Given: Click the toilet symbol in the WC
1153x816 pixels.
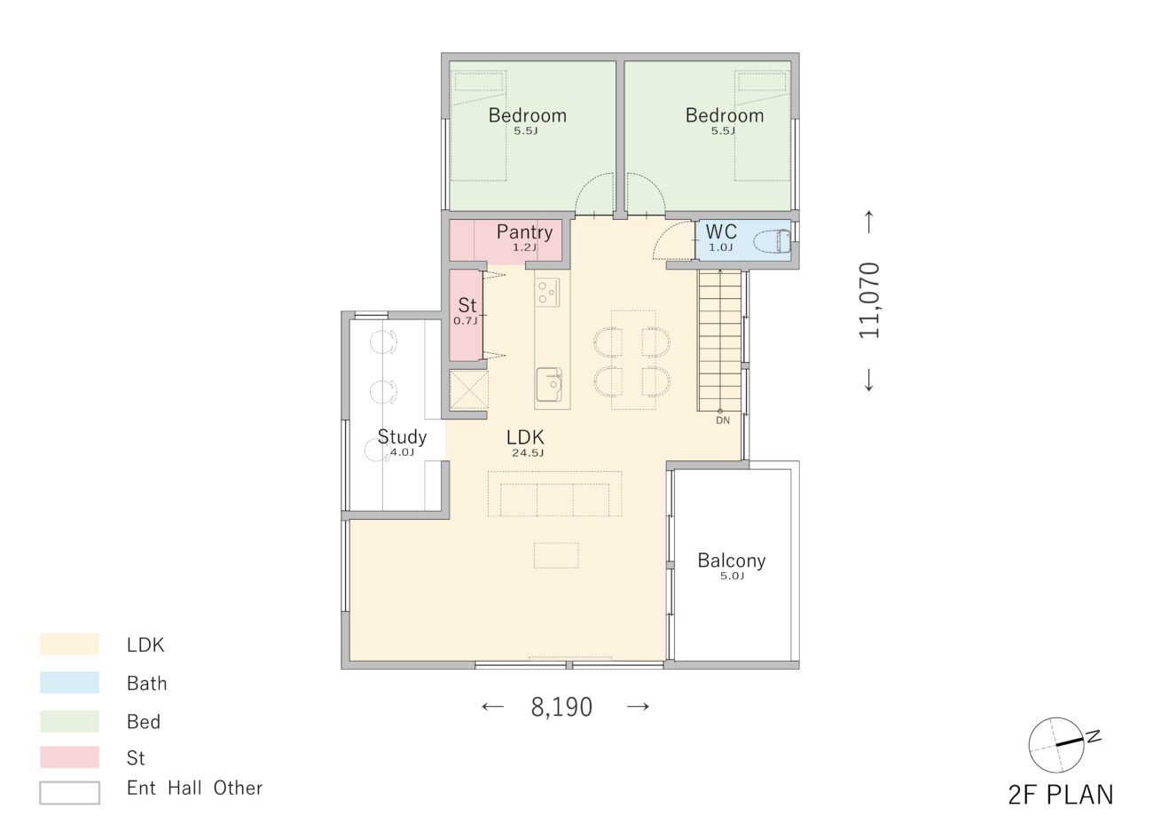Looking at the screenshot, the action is pos(773,241).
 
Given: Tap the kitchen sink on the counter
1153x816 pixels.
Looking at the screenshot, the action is pos(549,384).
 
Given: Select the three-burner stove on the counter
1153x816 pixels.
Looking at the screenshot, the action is pos(547,292).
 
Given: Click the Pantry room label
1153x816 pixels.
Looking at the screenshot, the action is pos(524,232).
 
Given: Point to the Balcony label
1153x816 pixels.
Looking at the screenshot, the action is pos(732,561).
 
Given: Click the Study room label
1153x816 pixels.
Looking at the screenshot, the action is pos(402,437).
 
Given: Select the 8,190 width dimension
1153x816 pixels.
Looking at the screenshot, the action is pos(561,707).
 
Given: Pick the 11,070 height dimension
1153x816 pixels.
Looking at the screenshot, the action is pos(869,300).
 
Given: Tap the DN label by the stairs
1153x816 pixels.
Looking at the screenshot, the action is pos(723,420).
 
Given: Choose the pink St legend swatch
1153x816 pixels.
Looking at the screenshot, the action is pos(69,757).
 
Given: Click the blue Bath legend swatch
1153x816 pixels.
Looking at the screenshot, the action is pos(69,682).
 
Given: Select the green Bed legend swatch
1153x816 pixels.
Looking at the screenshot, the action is pos(69,721).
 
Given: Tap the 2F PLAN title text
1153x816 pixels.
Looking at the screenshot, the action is pos(1061,795).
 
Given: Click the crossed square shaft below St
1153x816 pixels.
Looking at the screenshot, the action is pos(468,389).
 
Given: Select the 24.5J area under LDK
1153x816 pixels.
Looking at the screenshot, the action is pos(528,453).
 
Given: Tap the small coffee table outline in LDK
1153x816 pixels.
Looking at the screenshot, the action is pos(556,555).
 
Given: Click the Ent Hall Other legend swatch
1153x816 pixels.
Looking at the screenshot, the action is pos(69,793).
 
